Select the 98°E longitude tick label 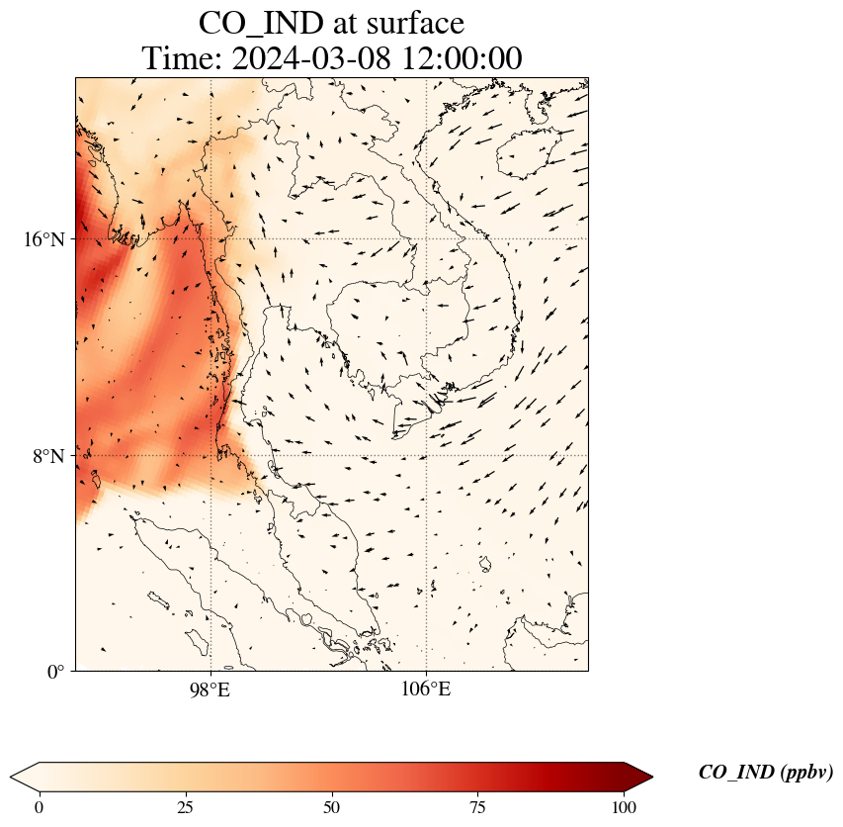coord(210,689)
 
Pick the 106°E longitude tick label coord(426,689)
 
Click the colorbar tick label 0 coord(40,807)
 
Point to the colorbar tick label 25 coord(186,807)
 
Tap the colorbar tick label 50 coord(332,807)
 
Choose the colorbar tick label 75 coord(478,807)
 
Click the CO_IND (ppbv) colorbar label coord(765,773)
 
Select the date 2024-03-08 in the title coord(312,58)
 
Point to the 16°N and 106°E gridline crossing coord(426,238)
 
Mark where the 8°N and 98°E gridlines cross coord(210,455)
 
